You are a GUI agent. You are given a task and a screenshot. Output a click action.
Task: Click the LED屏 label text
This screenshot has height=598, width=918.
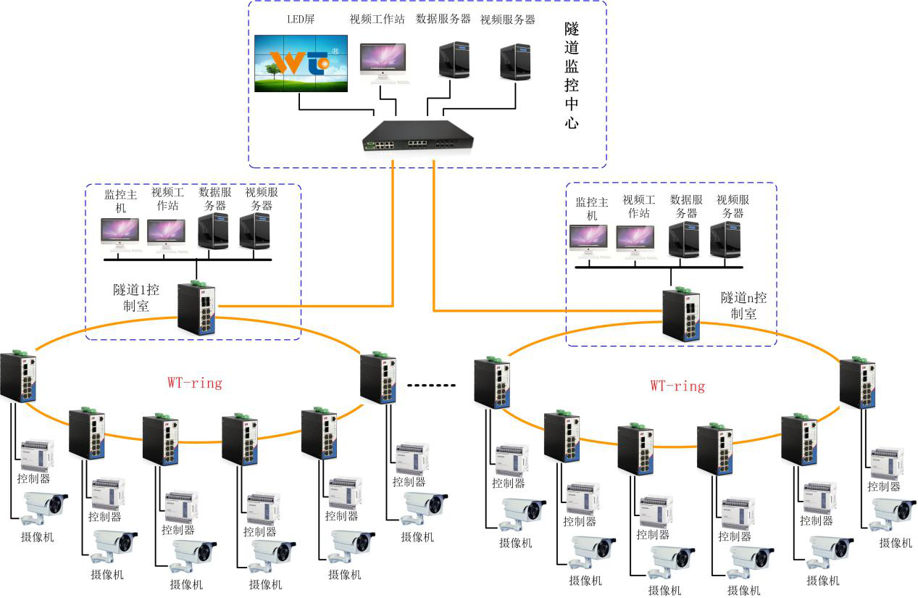301,20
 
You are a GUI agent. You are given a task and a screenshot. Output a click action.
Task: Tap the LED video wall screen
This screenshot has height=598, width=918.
301,63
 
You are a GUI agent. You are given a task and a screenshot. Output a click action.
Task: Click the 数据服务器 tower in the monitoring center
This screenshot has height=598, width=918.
454,60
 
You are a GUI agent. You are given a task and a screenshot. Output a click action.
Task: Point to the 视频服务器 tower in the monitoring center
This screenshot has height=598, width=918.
515,62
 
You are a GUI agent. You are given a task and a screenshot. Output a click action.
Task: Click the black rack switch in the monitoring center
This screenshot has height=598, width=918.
418,136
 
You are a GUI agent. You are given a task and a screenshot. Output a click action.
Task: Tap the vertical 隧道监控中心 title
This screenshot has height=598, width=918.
571,75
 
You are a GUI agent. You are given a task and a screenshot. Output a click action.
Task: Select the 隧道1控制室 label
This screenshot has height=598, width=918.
135,298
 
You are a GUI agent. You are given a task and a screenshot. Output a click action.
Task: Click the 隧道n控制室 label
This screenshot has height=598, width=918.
743,306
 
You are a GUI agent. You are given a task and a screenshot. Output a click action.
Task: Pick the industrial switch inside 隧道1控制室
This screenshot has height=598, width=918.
196,308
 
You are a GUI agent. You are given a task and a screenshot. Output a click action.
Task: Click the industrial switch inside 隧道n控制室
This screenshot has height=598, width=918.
681,315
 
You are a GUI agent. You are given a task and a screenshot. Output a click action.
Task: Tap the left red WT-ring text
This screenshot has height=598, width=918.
195,383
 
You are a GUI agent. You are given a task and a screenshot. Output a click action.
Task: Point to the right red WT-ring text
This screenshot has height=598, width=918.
678,386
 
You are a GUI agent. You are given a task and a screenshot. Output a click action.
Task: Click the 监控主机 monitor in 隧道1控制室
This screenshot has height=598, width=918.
120,234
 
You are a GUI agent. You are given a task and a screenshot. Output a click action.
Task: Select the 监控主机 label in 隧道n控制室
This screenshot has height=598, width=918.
592,209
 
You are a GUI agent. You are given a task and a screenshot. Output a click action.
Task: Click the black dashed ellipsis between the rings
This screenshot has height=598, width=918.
431,386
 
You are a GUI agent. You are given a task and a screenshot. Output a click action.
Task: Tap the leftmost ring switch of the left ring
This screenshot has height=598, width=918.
18,377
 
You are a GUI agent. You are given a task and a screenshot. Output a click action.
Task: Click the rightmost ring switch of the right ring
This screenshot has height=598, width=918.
857,383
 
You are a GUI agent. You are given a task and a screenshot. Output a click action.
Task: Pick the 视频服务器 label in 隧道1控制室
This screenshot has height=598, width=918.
262,199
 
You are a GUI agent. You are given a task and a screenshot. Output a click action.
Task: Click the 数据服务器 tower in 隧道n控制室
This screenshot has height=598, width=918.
683,240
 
